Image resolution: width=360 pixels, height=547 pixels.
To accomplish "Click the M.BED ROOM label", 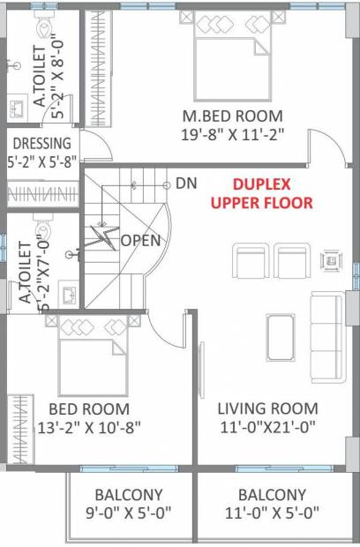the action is coord(233,116).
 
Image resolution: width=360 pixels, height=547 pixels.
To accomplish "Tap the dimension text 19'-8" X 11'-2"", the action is coord(233,135).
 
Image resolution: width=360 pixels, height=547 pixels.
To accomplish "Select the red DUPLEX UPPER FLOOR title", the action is coord(262,193).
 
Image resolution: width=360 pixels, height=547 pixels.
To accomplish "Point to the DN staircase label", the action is coord(186,184).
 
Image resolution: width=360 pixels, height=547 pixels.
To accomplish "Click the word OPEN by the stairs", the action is coord(140,240).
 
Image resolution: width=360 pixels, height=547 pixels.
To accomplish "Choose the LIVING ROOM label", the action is coord(267,408).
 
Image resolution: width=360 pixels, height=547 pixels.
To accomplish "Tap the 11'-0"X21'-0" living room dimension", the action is coord(267,427).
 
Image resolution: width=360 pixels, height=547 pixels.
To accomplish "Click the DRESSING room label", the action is coord(41,144).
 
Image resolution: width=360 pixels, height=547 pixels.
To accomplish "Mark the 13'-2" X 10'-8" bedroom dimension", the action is coord(89,427).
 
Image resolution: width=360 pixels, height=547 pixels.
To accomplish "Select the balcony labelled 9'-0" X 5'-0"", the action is coord(129,504).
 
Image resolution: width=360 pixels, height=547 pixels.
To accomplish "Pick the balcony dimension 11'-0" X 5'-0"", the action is coord(272,513).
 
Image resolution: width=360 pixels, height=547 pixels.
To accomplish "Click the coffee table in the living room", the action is coord(281,337).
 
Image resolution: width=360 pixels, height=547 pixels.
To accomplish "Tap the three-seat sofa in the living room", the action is coord(326,338).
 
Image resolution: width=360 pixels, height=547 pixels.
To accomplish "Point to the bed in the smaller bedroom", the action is coord(93,356).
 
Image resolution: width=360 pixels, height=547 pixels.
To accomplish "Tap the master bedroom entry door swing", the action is coord(326,147).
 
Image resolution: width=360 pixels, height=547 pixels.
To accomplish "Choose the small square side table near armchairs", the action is coord(332,260).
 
